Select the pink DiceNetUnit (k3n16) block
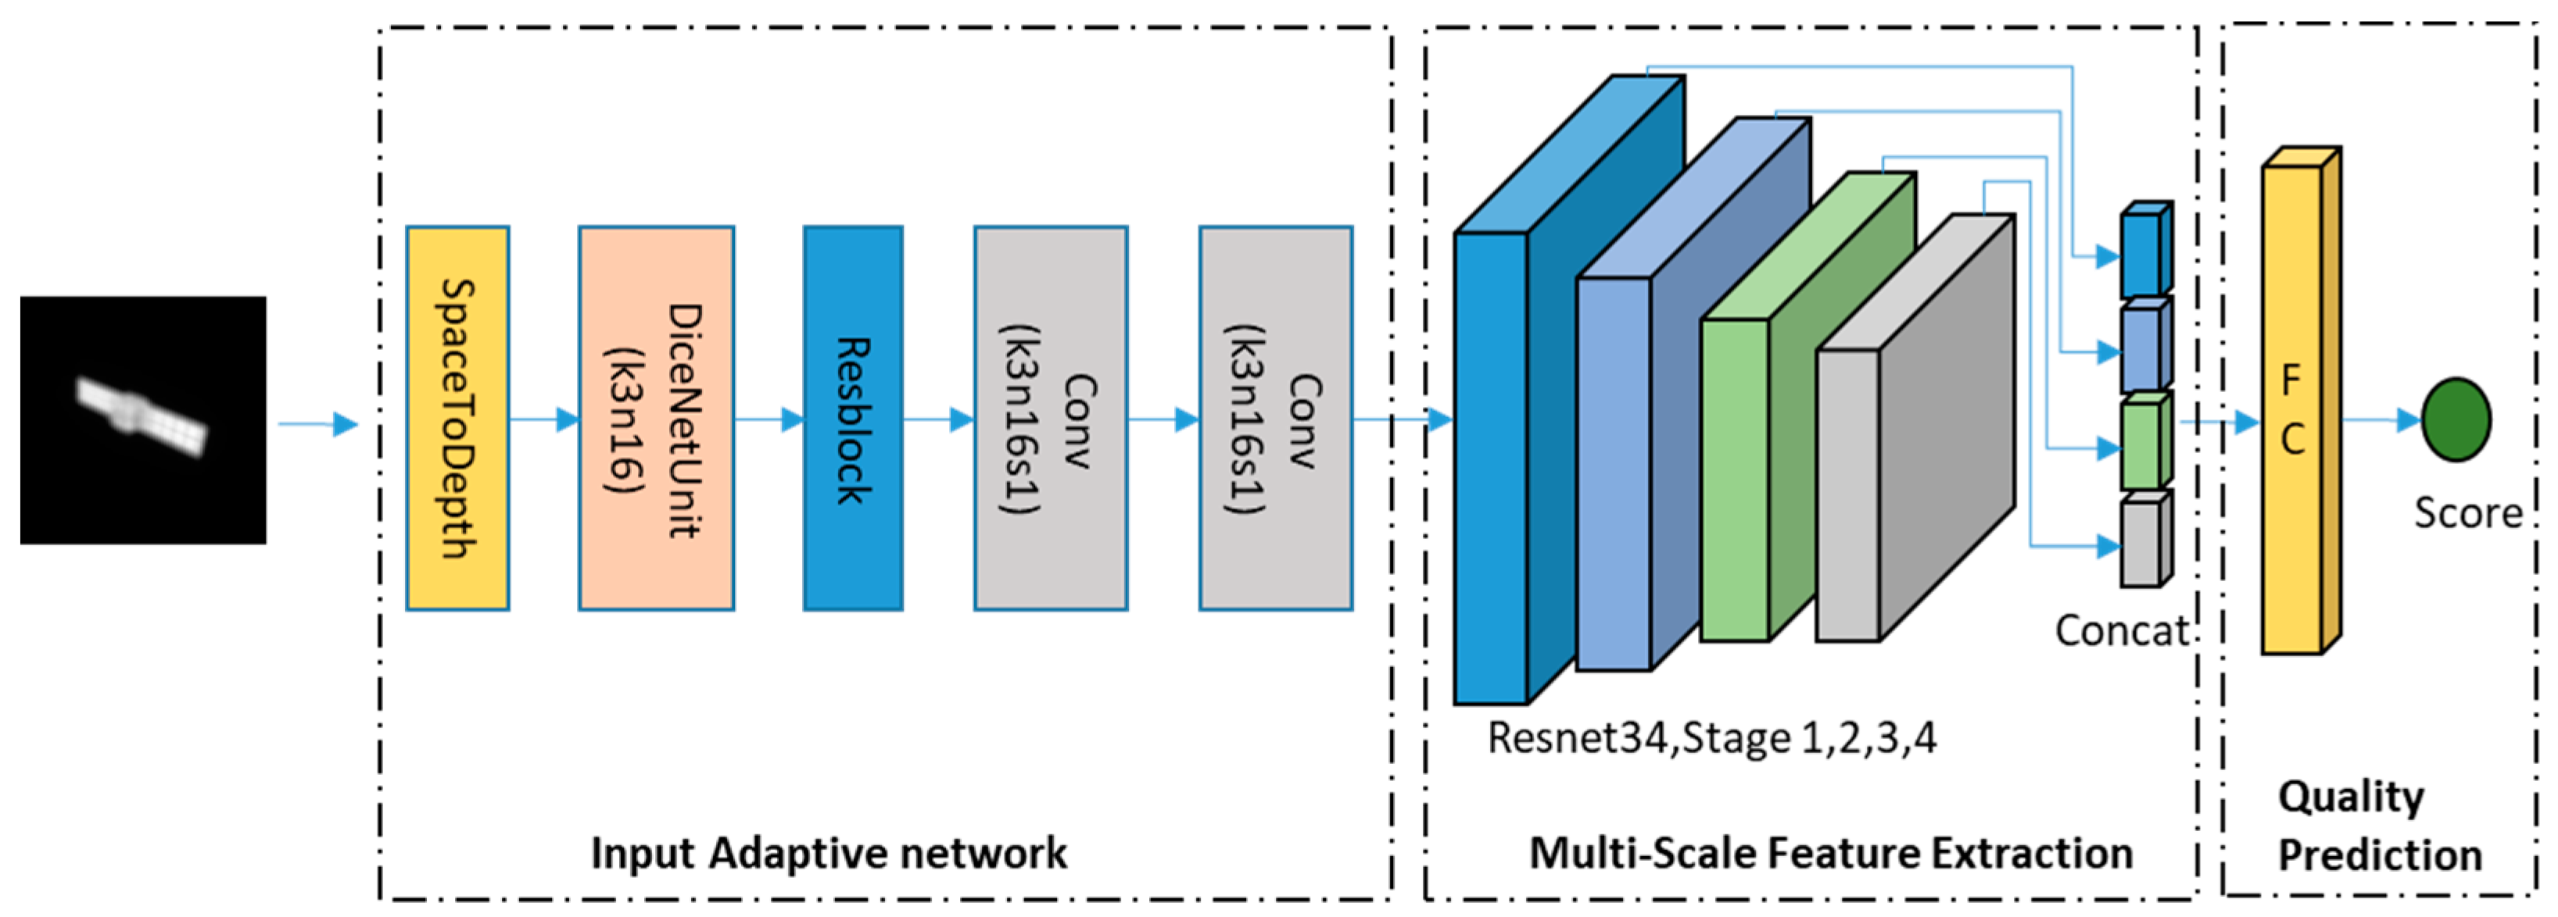[657, 418]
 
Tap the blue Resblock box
[853, 418]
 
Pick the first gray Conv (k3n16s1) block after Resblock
[1051, 418]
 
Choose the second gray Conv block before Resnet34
[1275, 418]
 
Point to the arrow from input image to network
[317, 425]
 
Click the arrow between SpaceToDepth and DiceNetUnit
[544, 419]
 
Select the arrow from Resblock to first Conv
[938, 419]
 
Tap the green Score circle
[2456, 419]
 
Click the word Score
[2467, 513]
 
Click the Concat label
[2121, 631]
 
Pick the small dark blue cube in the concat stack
[2142, 253]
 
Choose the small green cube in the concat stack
[2142, 444]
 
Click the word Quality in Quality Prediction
[2351, 797]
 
